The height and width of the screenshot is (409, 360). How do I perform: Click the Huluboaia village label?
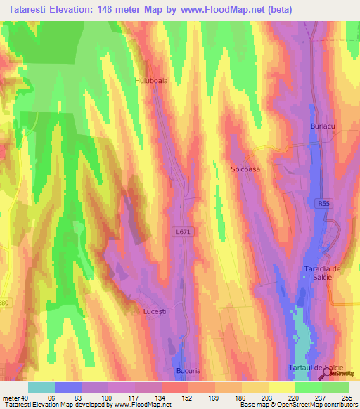[151, 81]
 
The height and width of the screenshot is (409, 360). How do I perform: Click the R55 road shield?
[320, 202]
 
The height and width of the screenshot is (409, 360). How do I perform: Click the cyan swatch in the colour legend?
[41, 387]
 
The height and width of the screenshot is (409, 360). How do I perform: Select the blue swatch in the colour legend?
[68, 387]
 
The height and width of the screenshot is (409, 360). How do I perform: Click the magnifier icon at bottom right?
[330, 376]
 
